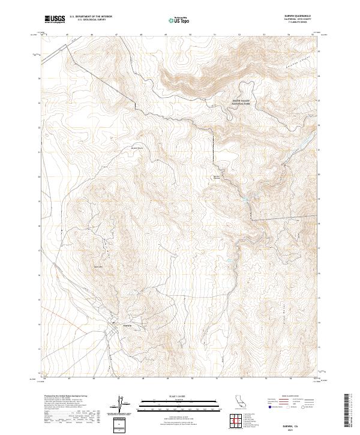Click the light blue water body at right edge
307,141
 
